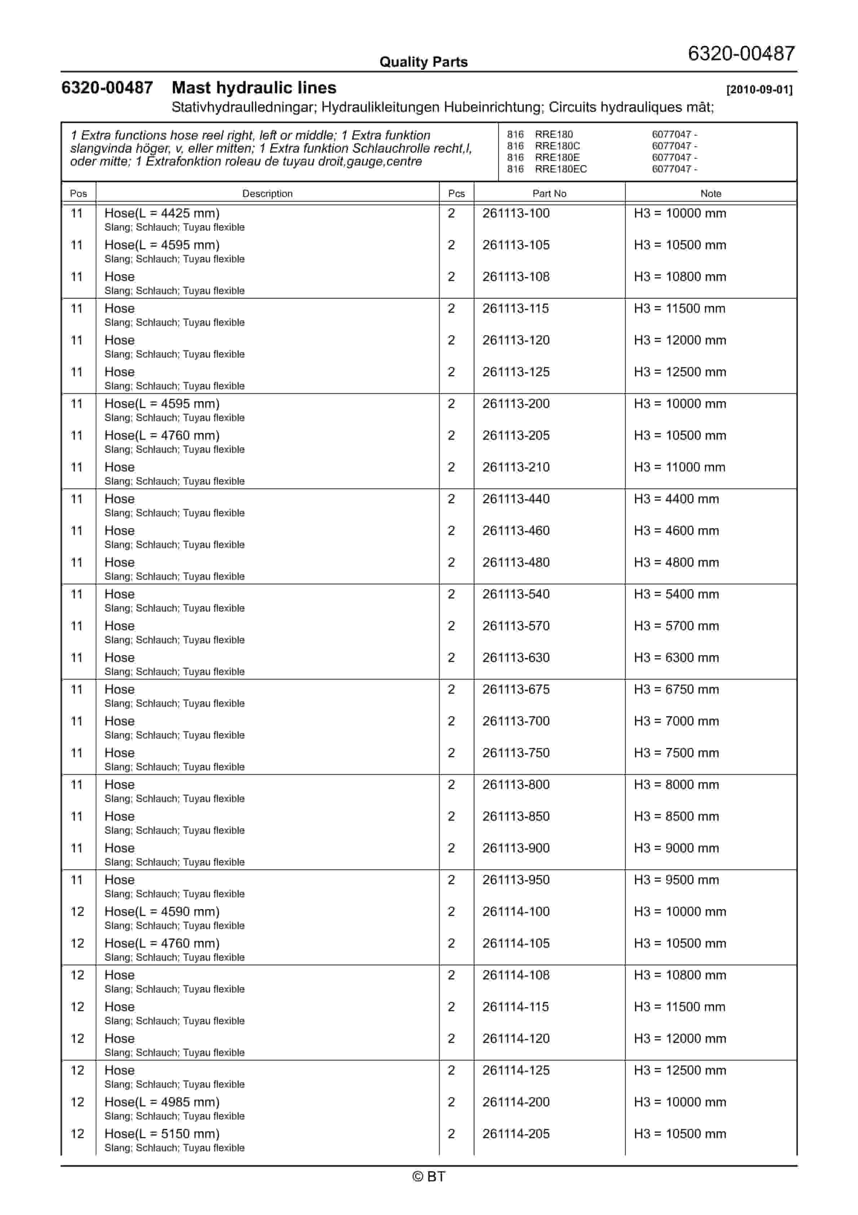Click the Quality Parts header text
pyautogui.click(x=423, y=62)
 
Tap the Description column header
pyautogui.click(x=267, y=194)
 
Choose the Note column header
pyautogui.click(x=711, y=194)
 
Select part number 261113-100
pyautogui.click(x=516, y=213)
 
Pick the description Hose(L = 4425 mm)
pyautogui.click(x=162, y=213)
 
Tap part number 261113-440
pyautogui.click(x=516, y=499)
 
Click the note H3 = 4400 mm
pyautogui.click(x=677, y=499)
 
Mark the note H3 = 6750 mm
pyautogui.click(x=677, y=689)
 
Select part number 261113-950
pyautogui.click(x=516, y=880)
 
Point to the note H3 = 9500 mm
pyautogui.click(x=677, y=880)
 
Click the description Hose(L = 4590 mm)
pyautogui.click(x=162, y=912)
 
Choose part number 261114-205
pyautogui.click(x=516, y=1134)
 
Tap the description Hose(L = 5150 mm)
pyautogui.click(x=162, y=1134)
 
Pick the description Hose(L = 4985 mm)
pyautogui.click(x=162, y=1102)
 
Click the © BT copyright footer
pyautogui.click(x=429, y=1177)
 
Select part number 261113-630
pyautogui.click(x=516, y=658)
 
